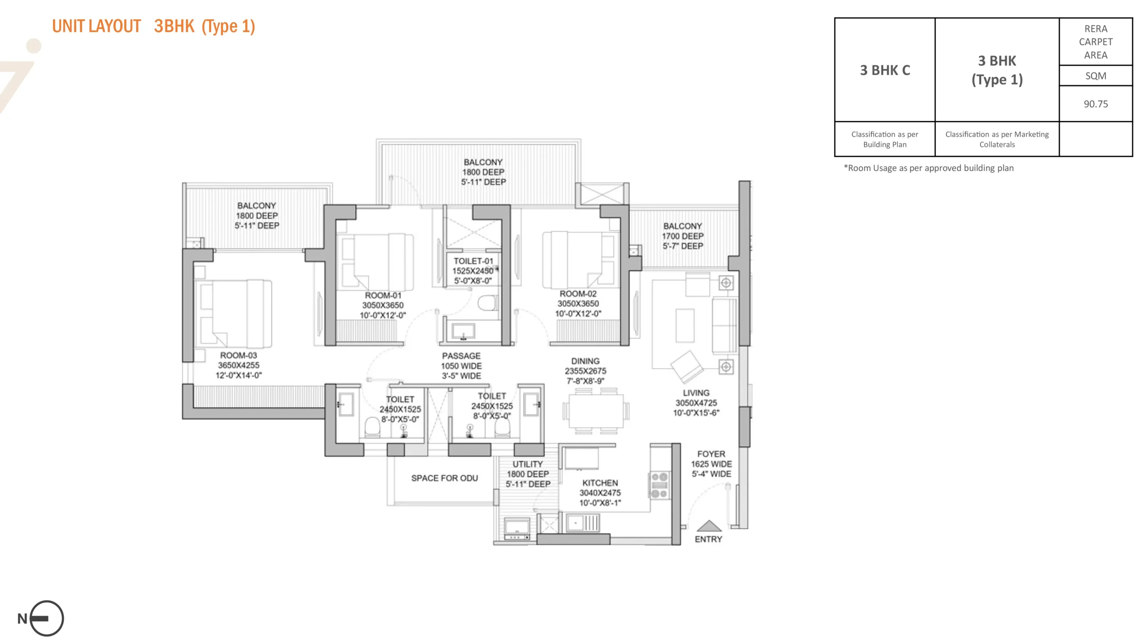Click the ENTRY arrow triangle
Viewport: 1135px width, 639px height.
[709, 526]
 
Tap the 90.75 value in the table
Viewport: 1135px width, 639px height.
[1095, 104]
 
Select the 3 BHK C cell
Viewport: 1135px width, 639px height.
[885, 70]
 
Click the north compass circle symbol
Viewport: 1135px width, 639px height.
[47, 618]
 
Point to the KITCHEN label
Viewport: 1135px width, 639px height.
[600, 483]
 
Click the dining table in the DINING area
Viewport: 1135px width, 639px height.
[595, 411]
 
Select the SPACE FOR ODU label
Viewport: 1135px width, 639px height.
[444, 478]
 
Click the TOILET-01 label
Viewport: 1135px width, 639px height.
[473, 261]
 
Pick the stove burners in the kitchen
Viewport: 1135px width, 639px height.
[659, 485]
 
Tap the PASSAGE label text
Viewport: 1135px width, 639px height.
[461, 356]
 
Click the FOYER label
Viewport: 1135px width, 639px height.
[711, 454]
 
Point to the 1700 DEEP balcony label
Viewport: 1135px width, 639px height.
[682, 236]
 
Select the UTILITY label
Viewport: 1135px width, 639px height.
[528, 464]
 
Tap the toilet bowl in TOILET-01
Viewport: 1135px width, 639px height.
[487, 304]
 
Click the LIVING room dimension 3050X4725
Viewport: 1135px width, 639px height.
[696, 403]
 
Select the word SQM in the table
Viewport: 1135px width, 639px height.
[1095, 76]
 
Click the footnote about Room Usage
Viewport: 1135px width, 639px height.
[928, 168]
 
